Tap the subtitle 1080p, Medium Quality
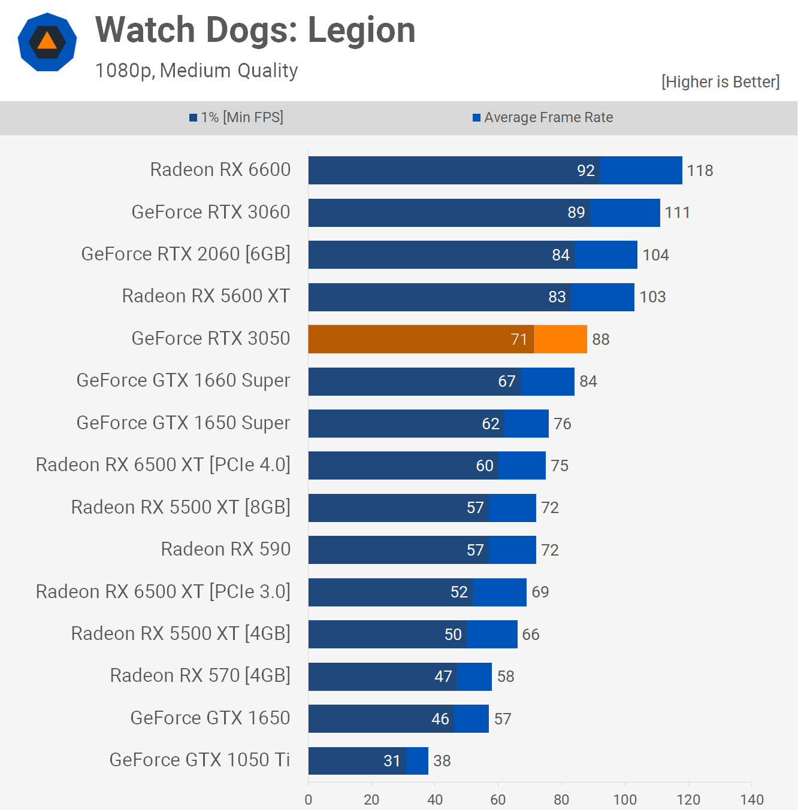click(197, 71)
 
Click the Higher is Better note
click(720, 81)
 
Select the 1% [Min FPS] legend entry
click(237, 117)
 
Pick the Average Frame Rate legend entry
click(543, 117)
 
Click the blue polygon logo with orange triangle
click(47, 42)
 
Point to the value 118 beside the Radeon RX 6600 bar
click(700, 171)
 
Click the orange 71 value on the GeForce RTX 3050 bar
click(519, 339)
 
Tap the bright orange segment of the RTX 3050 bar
click(560, 339)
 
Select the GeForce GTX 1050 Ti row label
click(199, 760)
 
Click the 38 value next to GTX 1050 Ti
click(442, 761)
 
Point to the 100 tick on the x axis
click(625, 799)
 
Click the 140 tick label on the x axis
click(751, 799)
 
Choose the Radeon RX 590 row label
click(226, 549)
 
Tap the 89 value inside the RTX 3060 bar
click(576, 213)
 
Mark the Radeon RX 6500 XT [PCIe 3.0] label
click(163, 591)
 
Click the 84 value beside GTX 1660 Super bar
click(588, 381)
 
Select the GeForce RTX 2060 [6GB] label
click(186, 254)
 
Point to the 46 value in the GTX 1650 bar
click(440, 718)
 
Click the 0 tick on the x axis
click(309, 799)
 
